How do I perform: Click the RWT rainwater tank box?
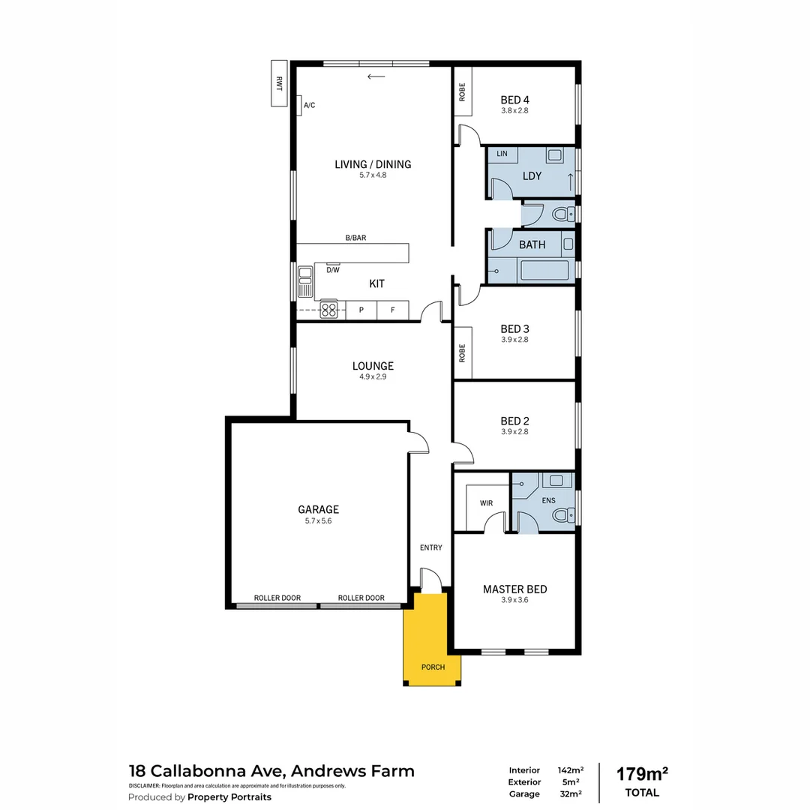coord(279,84)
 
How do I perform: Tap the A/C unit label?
coord(309,105)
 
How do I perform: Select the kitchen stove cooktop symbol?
coord(329,309)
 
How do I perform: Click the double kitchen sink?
coord(304,281)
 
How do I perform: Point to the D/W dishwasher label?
coord(332,270)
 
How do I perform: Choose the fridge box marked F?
coord(392,310)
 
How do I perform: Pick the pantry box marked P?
coord(361,310)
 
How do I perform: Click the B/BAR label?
coord(355,238)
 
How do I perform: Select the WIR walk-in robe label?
coord(487,503)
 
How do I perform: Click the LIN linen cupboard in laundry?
coord(502,154)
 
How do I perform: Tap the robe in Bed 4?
coord(462,91)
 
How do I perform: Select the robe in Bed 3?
coord(462,352)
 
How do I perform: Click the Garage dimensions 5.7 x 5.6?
coord(319,520)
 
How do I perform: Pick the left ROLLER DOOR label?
coord(277,598)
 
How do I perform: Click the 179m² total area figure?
coord(642,773)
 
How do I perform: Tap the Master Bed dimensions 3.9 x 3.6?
coord(514,600)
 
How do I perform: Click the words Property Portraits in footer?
coord(229,797)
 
